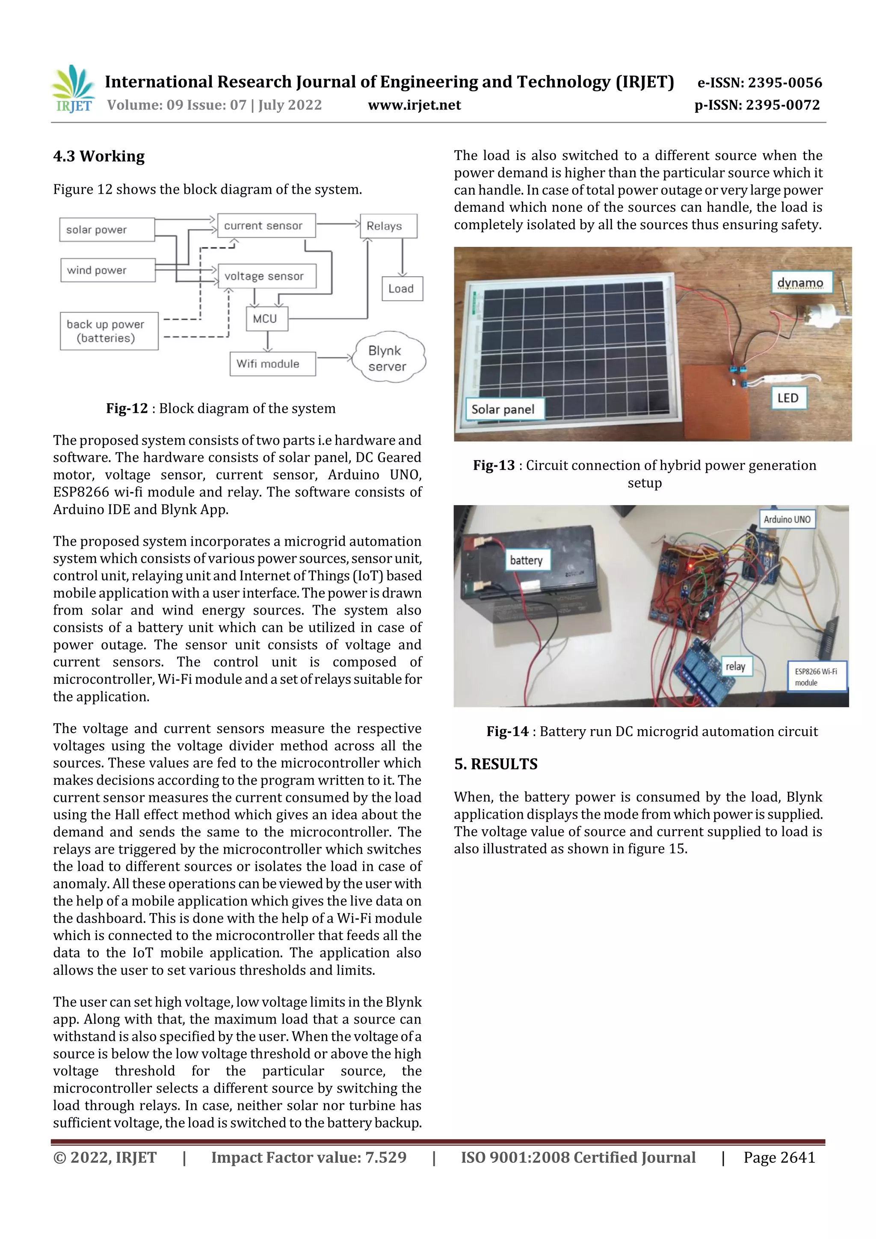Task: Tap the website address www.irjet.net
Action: point(414,105)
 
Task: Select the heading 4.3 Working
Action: point(99,157)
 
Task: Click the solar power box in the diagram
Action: point(107,230)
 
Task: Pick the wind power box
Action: point(108,270)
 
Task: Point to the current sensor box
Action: point(266,225)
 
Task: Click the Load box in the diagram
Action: point(402,289)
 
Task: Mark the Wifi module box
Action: point(272,364)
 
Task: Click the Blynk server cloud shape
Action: point(388,358)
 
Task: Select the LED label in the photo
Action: point(788,398)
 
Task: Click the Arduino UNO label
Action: point(787,520)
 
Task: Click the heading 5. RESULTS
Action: point(495,764)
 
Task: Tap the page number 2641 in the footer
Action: point(779,1157)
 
